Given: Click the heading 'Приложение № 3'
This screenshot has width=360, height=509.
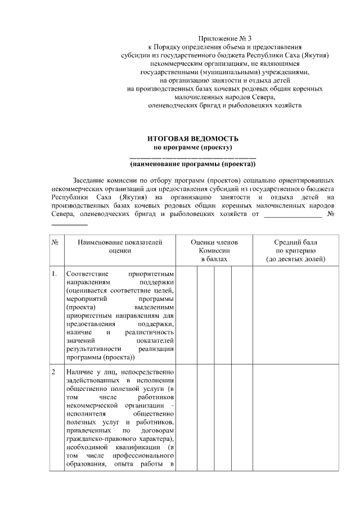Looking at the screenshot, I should [x=225, y=38].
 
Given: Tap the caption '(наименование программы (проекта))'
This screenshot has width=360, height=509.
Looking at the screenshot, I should [x=193, y=164].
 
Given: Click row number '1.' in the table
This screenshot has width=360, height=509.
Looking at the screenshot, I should [x=55, y=274].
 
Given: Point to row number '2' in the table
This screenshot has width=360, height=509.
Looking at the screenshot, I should [x=54, y=372].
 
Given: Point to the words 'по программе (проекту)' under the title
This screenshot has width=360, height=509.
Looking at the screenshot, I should [x=193, y=147].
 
